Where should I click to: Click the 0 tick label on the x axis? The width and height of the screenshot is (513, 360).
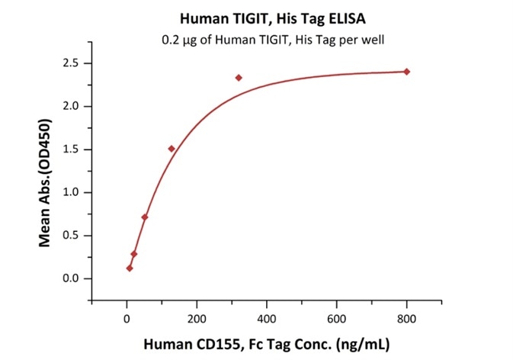click(127, 316)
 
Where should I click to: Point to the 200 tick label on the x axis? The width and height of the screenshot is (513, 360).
click(197, 316)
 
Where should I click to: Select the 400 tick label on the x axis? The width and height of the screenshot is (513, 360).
click(267, 316)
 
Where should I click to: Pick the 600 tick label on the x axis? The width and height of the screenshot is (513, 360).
click(337, 316)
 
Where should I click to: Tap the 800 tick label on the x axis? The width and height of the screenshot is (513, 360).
click(407, 316)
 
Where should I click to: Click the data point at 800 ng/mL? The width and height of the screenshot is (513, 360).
click(407, 72)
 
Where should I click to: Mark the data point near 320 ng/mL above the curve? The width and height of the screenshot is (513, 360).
click(239, 78)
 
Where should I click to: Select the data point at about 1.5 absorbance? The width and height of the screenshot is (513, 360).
click(172, 149)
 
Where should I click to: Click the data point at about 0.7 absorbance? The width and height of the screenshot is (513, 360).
click(145, 217)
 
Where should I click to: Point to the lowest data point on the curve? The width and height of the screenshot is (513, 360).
click(130, 268)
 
